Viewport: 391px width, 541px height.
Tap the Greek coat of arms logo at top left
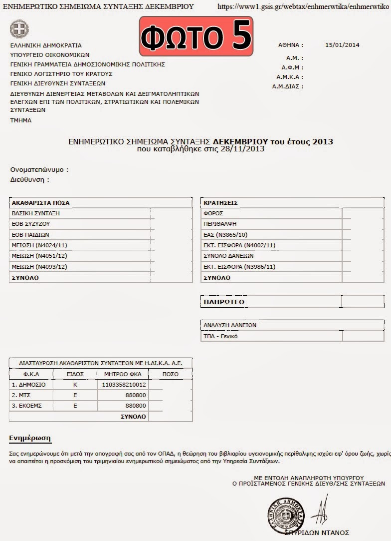[x=19, y=29]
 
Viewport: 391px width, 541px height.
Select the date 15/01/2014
[x=342, y=45]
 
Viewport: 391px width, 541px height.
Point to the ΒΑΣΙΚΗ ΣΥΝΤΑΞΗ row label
[x=32, y=213]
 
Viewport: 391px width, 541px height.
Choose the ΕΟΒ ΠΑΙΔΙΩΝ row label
[x=30, y=234]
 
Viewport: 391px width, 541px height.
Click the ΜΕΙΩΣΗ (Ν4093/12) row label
[x=39, y=267]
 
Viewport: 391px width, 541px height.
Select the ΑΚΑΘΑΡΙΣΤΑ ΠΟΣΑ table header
[x=41, y=203]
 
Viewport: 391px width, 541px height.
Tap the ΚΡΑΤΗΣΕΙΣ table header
[x=220, y=203]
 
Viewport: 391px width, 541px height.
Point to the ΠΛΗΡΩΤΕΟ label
[x=223, y=302]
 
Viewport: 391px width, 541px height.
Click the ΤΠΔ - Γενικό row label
[x=220, y=336]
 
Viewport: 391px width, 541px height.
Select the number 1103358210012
[x=124, y=385]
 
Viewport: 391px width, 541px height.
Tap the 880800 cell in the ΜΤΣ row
[x=136, y=395]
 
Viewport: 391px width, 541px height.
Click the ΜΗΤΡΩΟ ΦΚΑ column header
[x=123, y=374]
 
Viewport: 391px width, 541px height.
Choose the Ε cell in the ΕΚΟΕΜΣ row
[x=75, y=406]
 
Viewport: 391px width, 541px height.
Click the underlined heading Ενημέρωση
[x=30, y=438]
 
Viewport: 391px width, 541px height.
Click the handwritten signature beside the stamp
[x=321, y=512]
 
